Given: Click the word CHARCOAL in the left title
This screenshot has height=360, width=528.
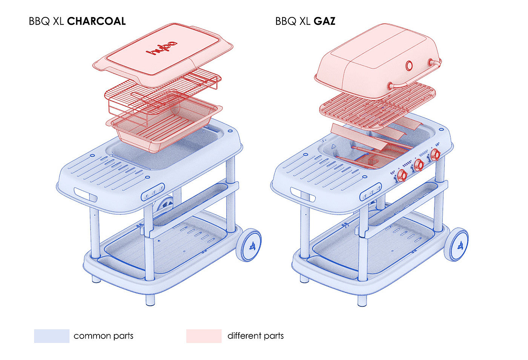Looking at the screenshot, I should pyautogui.click(x=96, y=21).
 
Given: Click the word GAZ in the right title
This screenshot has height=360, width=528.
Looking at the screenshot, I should pyautogui.click(x=324, y=21).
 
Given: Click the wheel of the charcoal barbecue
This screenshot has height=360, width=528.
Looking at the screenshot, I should pyautogui.click(x=249, y=245).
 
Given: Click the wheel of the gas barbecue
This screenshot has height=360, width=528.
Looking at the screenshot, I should pyautogui.click(x=457, y=245).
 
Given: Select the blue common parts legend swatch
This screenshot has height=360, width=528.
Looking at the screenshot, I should pyautogui.click(x=52, y=336).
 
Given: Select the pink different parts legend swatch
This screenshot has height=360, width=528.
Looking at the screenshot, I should pyautogui.click(x=204, y=336).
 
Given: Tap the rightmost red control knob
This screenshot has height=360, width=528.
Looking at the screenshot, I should pyautogui.click(x=435, y=154).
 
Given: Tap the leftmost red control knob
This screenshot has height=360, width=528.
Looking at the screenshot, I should pyautogui.click(x=402, y=175).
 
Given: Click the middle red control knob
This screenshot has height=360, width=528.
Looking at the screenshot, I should pyautogui.click(x=419, y=165).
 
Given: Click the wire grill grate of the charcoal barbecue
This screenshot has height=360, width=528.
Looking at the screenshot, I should pyautogui.click(x=162, y=91).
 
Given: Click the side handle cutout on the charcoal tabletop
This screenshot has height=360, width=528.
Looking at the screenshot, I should pyautogui.click(x=86, y=195).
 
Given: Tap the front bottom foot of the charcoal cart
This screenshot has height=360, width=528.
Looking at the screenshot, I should pyautogui.click(x=150, y=300).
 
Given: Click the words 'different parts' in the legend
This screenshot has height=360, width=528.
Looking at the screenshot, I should pyautogui.click(x=255, y=336).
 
